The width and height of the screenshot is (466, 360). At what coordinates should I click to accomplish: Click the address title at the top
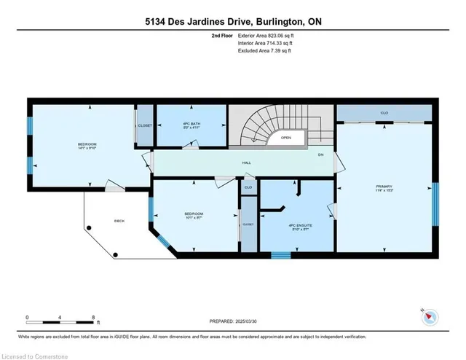pyautogui.click(x=233, y=22)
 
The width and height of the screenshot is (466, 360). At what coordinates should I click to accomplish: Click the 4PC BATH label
pyautogui.click(x=192, y=125)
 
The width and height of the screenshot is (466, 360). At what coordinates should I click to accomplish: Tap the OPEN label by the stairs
pyautogui.click(x=286, y=137)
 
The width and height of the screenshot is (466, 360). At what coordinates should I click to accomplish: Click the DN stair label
pyautogui.click(x=320, y=154)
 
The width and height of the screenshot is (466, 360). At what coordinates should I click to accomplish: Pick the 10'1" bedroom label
pyautogui.click(x=193, y=215)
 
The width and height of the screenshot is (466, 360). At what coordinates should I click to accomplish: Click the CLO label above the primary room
pyautogui.click(x=384, y=113)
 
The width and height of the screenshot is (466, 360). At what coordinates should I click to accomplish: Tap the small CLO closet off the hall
pyautogui.click(x=248, y=187)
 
